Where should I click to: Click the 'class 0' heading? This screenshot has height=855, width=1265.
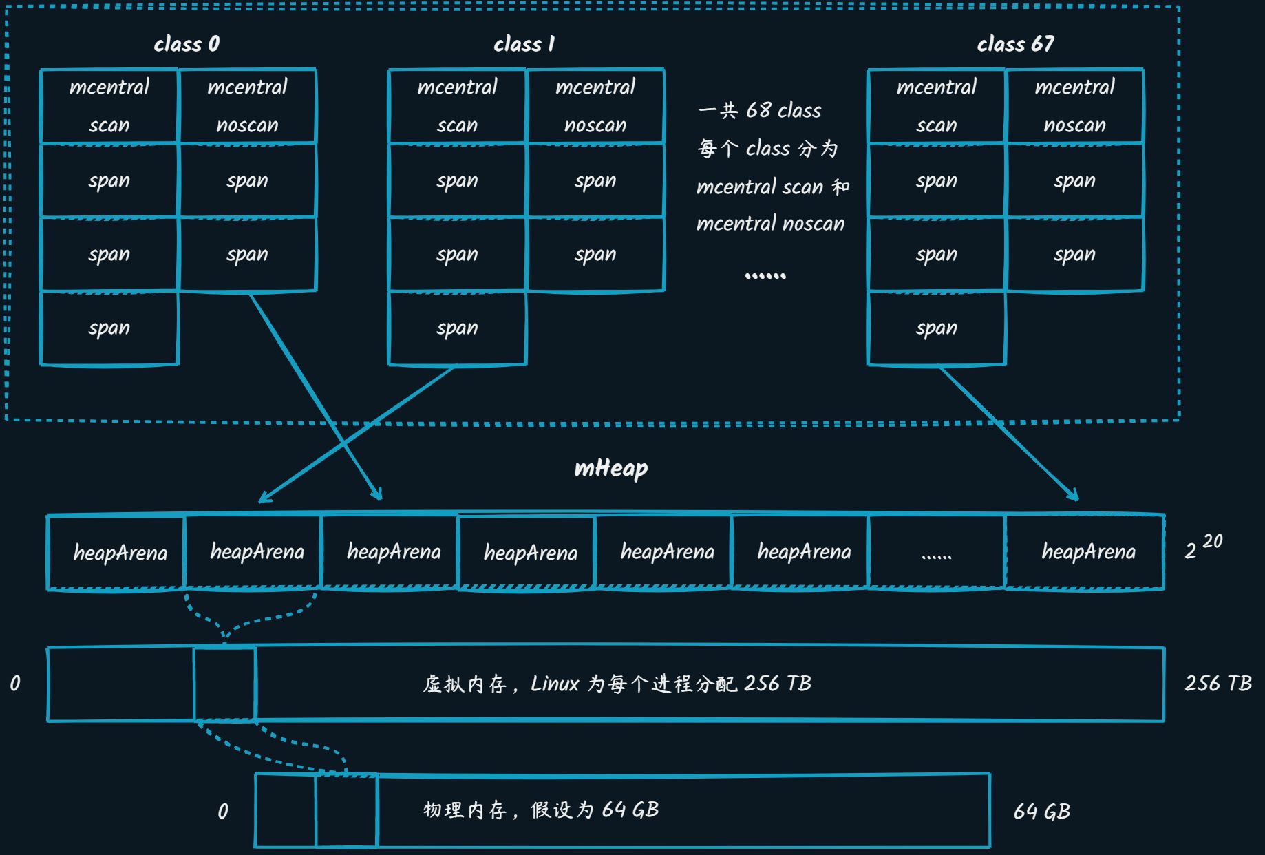pyautogui.click(x=187, y=44)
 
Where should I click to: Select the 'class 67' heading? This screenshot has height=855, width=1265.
pyautogui.click(x=1015, y=44)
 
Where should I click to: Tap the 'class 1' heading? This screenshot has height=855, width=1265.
pyautogui.click(x=524, y=44)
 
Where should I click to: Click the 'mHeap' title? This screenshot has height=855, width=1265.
pyautogui.click(x=610, y=469)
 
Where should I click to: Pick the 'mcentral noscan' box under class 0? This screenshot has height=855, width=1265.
pyautogui.click(x=247, y=106)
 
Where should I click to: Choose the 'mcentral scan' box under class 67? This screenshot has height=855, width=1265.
pyautogui.click(x=937, y=106)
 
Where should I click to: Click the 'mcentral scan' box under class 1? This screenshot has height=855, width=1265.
pyautogui.click(x=457, y=106)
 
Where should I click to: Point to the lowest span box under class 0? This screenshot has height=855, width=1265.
pyautogui.click(x=109, y=328)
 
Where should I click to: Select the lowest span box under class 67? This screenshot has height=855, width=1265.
pyautogui.click(x=937, y=328)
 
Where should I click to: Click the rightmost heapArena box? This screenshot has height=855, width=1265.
pyautogui.click(x=1085, y=552)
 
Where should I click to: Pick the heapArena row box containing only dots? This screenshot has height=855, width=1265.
pyautogui.click(x=937, y=552)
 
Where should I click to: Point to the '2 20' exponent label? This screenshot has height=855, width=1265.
pyautogui.click(x=1203, y=548)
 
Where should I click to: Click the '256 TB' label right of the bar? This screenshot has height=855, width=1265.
pyautogui.click(x=1218, y=683)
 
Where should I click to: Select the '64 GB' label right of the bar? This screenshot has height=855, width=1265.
pyautogui.click(x=1041, y=812)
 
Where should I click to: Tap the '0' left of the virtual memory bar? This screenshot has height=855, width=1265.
pyautogui.click(x=15, y=684)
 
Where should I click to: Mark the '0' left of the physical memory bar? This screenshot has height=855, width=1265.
pyautogui.click(x=223, y=812)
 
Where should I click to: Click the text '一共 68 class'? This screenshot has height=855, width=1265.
pyautogui.click(x=760, y=110)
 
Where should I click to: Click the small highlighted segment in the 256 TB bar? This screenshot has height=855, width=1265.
pyautogui.click(x=225, y=684)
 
